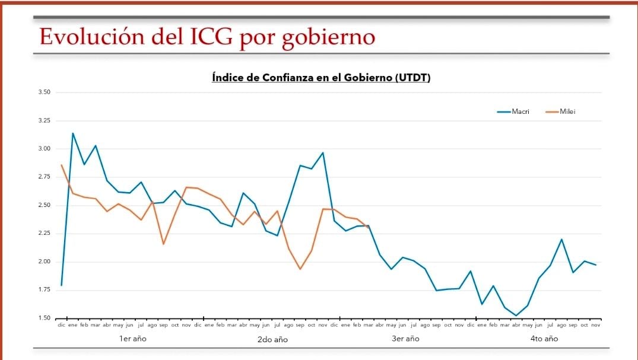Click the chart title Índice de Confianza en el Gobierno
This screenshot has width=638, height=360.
[320, 78]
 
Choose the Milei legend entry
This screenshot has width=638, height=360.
[567, 111]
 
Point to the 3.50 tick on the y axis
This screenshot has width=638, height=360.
[44, 93]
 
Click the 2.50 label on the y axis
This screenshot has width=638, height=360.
[44, 205]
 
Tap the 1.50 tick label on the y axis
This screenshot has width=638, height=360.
[44, 318]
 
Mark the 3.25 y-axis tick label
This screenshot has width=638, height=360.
[44, 120]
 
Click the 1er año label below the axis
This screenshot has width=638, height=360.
[132, 339]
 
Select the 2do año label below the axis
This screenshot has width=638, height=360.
[272, 339]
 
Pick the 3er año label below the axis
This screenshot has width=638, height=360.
[405, 339]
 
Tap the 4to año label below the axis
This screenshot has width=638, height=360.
[544, 339]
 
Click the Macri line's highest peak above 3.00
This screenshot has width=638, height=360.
[73, 133]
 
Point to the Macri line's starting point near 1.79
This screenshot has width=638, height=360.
[61, 285]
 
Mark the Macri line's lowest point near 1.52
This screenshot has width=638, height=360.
[516, 316]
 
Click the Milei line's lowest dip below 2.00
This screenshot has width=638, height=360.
[300, 269]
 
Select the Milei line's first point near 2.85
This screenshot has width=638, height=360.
[61, 165]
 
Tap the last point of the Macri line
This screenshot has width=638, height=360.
[596, 265]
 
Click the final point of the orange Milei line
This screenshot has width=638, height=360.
[369, 226]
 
